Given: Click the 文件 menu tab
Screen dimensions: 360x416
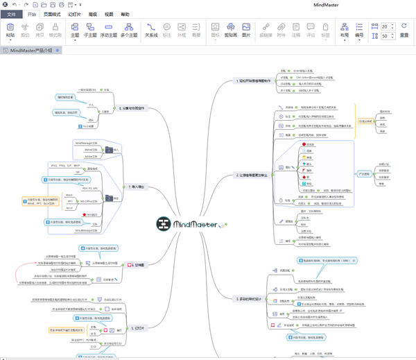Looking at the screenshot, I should click(12, 14).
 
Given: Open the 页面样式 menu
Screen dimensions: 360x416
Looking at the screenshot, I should click(52, 14).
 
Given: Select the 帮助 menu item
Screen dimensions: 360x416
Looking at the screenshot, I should click(125, 14).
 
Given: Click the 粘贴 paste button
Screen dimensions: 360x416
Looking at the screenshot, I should click(10, 30).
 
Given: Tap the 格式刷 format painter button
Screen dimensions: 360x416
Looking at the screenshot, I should click(55, 30).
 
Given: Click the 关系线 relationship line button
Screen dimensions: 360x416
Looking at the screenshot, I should click(151, 30).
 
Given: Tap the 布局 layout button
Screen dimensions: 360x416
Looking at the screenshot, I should click(345, 30).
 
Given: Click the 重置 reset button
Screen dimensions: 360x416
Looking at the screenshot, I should click(404, 30).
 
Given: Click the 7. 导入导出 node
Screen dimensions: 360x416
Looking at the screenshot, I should click(135, 187).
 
